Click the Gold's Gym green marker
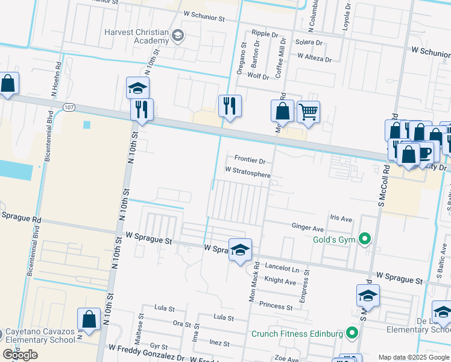[x=364, y=240]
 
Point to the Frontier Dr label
[x=250, y=161]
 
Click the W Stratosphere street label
[x=248, y=173]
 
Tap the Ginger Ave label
[x=307, y=229]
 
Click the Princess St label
[x=276, y=306]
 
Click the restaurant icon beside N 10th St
[x=142, y=109]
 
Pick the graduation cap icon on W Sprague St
[x=239, y=249]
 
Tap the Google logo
[x=20, y=354]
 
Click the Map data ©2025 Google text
[x=413, y=357]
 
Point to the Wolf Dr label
[x=258, y=77]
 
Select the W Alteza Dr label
[x=314, y=59]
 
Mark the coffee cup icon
[x=424, y=151]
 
